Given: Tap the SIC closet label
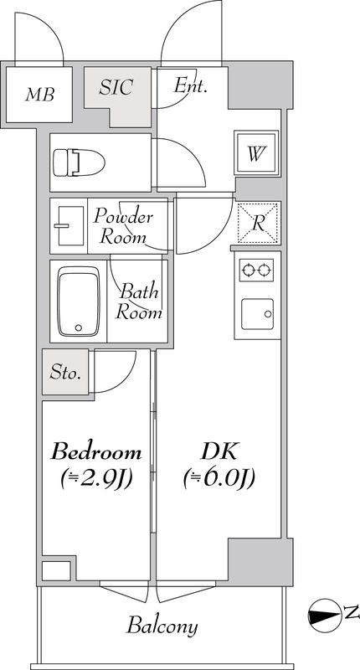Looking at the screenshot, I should (x=118, y=87).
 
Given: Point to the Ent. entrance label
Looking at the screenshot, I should (x=190, y=85).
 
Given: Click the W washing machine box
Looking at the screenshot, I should (x=257, y=154).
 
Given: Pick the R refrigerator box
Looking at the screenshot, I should (x=257, y=223).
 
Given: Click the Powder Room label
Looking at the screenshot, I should (x=123, y=227).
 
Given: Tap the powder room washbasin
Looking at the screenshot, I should (x=67, y=224).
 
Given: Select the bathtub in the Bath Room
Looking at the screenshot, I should (x=78, y=301).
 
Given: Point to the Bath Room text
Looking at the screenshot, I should (x=139, y=302).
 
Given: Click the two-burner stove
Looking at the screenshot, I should (x=257, y=269).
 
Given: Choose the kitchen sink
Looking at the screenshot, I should (x=257, y=315).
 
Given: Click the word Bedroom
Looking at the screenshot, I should (x=96, y=453).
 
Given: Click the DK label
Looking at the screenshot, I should (x=220, y=453).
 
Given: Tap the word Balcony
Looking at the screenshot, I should (x=162, y=626).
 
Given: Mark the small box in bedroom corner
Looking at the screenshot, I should (x=56, y=571).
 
